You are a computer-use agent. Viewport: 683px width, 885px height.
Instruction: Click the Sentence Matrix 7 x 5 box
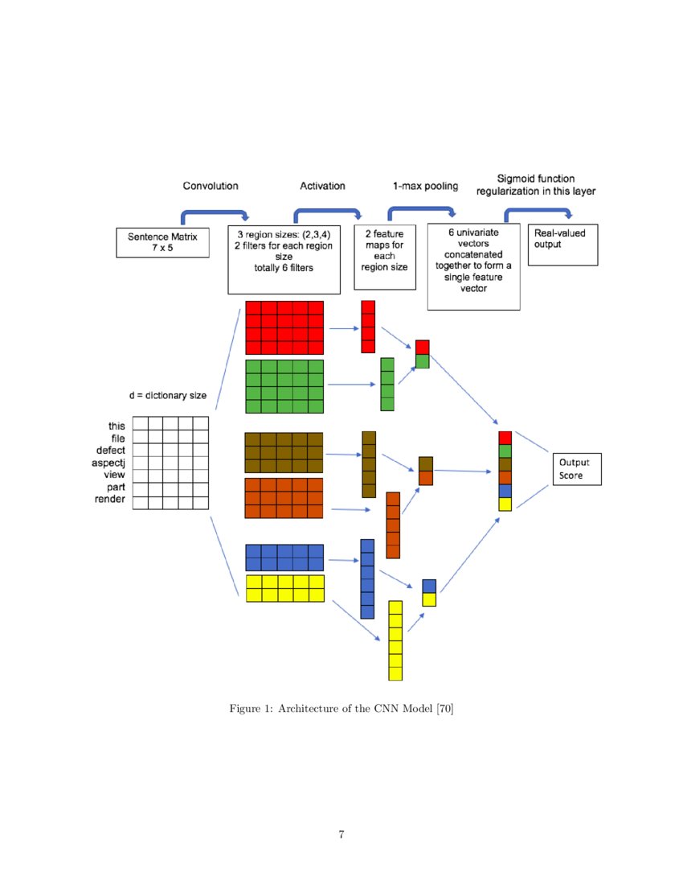[x=163, y=242]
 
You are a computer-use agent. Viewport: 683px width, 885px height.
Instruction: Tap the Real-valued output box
[x=565, y=245]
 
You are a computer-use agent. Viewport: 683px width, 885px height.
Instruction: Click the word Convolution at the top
[x=211, y=186]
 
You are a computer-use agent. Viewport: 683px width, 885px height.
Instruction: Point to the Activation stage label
[x=322, y=186]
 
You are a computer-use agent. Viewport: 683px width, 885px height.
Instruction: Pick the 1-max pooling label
[x=425, y=186]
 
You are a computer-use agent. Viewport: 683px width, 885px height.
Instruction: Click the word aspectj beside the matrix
[x=110, y=463]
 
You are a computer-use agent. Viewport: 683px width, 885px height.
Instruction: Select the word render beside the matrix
[x=110, y=500]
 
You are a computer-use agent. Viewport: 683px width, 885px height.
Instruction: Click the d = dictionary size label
[x=168, y=395]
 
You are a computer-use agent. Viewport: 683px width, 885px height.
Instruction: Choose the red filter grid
[x=284, y=327]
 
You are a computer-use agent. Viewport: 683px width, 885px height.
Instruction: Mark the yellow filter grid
[x=284, y=588]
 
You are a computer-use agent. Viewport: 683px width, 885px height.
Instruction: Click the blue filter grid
[x=284, y=558]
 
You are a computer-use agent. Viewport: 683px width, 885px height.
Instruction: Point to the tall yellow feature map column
[x=395, y=640]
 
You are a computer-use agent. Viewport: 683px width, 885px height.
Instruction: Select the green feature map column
[x=387, y=385]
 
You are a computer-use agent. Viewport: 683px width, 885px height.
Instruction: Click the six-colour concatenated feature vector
[x=505, y=471]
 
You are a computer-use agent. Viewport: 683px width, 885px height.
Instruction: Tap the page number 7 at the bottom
[x=341, y=835]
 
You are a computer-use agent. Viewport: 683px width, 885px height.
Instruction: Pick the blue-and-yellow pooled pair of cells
[x=429, y=592]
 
